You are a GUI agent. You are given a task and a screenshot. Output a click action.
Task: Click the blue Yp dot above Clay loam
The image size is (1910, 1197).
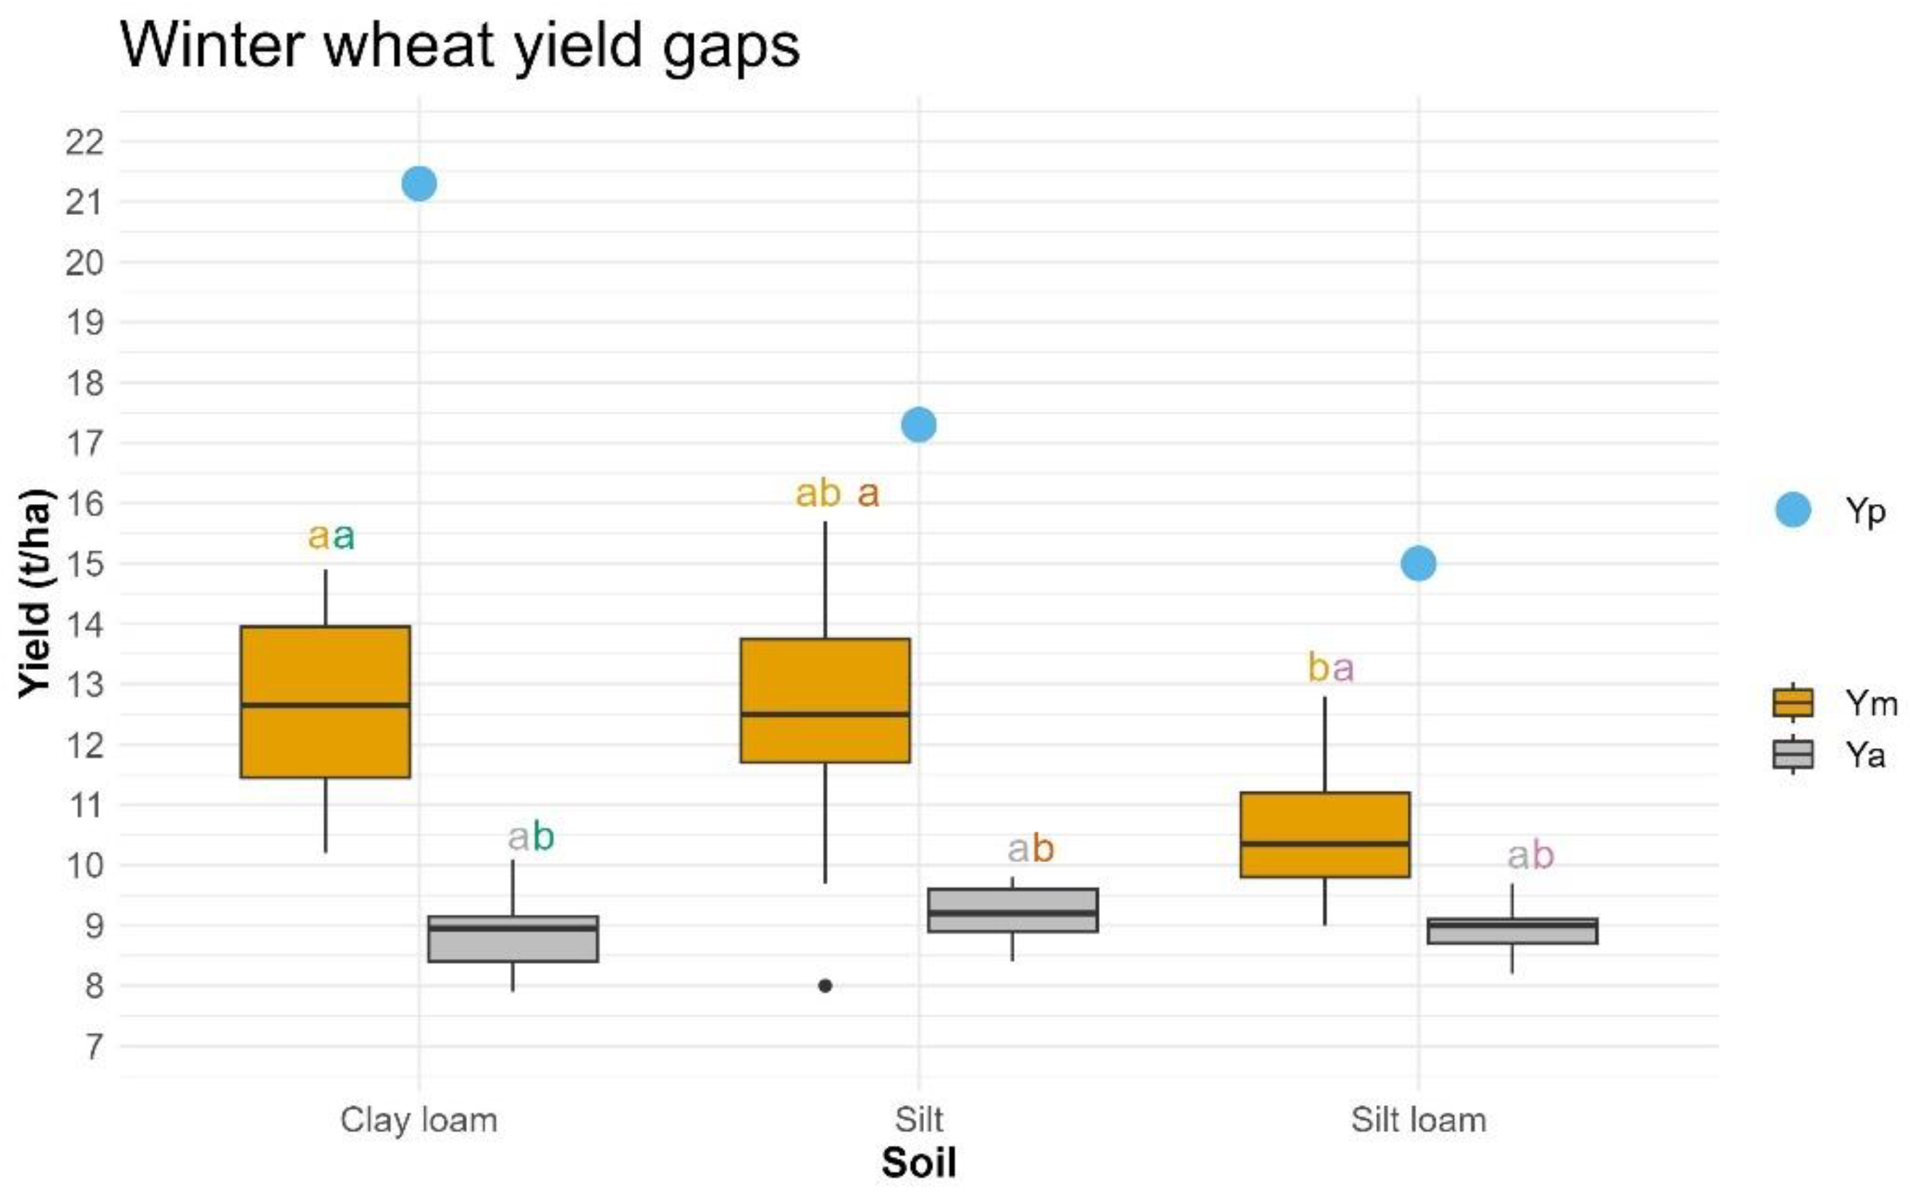point(419,183)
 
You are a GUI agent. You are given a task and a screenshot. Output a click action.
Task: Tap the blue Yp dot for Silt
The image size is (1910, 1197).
point(919,425)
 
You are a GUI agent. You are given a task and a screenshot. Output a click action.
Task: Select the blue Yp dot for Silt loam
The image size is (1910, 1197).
point(1418,563)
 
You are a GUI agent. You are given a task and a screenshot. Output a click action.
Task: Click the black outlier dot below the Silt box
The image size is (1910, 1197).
point(825,986)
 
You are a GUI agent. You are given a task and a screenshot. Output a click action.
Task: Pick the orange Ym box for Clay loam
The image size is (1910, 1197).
point(325,701)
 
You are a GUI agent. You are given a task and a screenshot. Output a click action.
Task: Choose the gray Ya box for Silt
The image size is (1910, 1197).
point(1013,911)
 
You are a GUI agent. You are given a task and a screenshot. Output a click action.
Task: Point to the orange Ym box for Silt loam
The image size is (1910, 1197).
point(1324,834)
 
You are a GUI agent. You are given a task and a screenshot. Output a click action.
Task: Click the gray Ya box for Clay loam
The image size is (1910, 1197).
point(513,939)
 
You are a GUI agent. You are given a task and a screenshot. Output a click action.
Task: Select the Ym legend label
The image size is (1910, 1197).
point(1870,703)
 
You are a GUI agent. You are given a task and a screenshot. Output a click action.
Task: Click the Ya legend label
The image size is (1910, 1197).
point(1865,755)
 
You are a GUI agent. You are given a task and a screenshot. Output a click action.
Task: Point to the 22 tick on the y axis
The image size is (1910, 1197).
point(85,143)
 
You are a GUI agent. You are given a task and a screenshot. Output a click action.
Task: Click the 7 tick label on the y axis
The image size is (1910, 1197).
point(94,1046)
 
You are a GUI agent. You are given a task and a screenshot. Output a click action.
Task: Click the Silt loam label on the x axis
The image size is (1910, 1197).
point(1418,1120)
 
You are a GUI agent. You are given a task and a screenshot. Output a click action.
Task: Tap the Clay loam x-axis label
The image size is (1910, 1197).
point(419,1120)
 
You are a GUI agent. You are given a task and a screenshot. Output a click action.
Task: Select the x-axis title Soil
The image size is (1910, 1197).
point(919,1163)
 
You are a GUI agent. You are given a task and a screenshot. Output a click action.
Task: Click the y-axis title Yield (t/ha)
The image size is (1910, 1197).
point(36,594)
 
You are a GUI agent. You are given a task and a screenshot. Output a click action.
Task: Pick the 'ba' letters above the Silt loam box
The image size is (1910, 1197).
point(1330,667)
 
